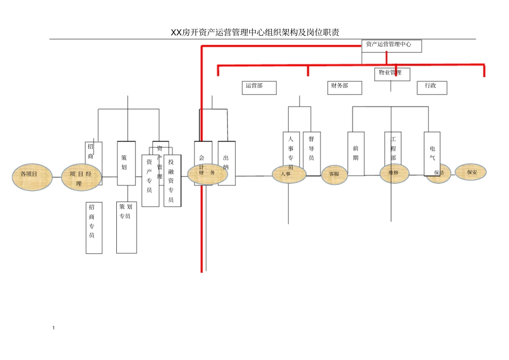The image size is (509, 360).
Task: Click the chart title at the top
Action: point(254,33)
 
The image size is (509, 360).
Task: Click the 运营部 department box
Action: point(259,87)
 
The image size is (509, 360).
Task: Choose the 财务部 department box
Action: point(345,87)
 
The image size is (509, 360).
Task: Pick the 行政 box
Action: point(432,87)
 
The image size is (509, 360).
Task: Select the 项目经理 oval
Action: point(81,177)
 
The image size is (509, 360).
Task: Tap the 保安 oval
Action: point(471,172)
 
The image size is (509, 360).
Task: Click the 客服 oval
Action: point(334,175)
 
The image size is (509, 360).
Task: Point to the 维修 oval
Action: point(394,172)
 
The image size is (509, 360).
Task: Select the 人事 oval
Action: point(289,174)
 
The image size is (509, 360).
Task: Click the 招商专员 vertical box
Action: point(94,228)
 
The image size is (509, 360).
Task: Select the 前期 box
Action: point(356,154)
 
